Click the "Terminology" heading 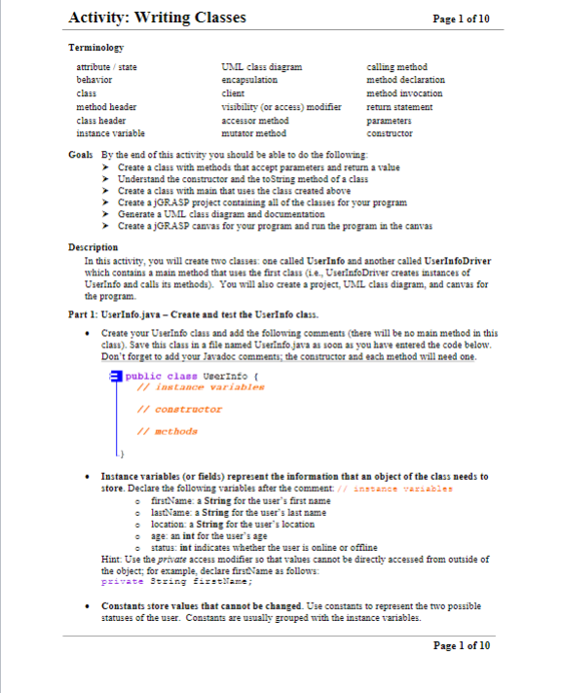pyautogui.click(x=96, y=48)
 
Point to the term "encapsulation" pyautogui.click(x=252, y=80)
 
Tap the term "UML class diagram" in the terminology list pyautogui.click(x=262, y=66)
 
